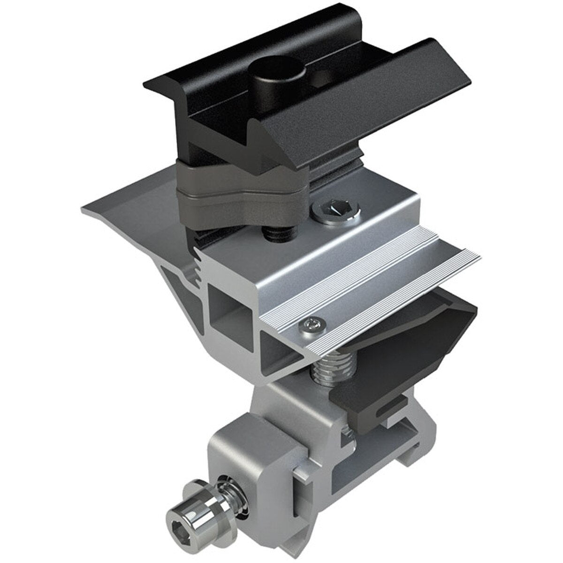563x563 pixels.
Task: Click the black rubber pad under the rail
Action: click(x=422, y=328)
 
